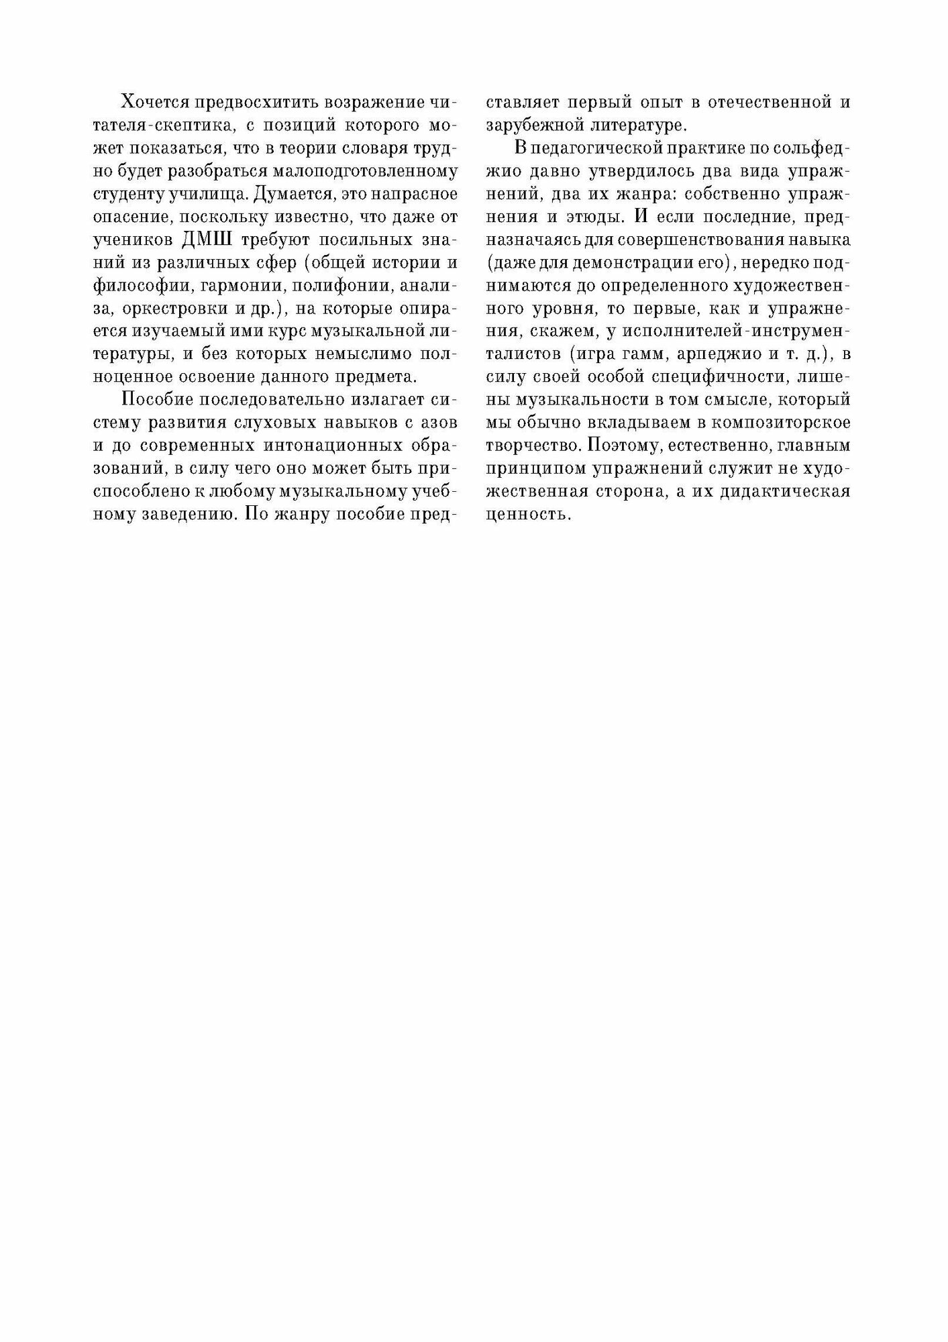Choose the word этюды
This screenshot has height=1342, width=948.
tap(601, 217)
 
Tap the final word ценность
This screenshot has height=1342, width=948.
tap(527, 515)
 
